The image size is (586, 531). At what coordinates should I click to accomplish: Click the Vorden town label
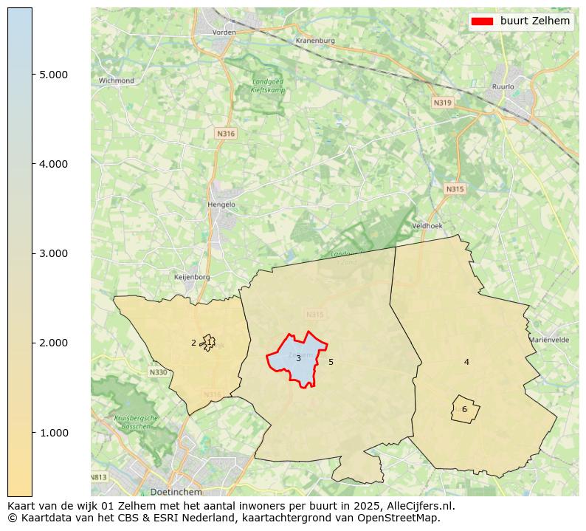224,32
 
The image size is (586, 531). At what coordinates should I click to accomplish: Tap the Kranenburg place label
314,41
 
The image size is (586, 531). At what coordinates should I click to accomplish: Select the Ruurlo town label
503,86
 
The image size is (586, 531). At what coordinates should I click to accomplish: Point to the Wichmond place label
117,80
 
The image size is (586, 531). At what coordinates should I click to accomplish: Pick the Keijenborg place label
191,277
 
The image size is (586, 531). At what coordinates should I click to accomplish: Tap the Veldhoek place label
426,225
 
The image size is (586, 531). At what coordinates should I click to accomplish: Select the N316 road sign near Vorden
226,134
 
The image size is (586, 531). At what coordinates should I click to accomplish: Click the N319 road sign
443,103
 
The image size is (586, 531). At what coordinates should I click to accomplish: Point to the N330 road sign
158,372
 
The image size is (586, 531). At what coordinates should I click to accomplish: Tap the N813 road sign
100,477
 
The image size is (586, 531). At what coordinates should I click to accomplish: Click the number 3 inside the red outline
298,358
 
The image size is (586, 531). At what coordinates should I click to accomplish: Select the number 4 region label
466,362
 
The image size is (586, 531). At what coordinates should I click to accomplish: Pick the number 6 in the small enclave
464,409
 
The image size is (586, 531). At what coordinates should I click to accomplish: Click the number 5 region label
331,362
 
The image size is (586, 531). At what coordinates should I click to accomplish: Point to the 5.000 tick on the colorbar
53,75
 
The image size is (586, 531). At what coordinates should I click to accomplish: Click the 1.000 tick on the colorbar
53,432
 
